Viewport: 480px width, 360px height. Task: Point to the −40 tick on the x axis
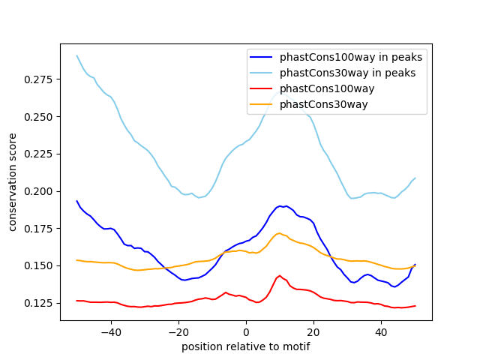coord(111,331)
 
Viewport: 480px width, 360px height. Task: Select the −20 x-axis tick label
coord(178,331)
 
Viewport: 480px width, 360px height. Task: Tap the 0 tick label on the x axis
coord(246,331)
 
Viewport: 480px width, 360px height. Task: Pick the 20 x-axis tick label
coord(313,331)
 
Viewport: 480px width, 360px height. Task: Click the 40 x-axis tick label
coord(381,331)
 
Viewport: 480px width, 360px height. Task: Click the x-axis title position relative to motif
coord(245,346)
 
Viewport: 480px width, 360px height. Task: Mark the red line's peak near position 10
coord(280,275)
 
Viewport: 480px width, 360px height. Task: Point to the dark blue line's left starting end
coord(76,201)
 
